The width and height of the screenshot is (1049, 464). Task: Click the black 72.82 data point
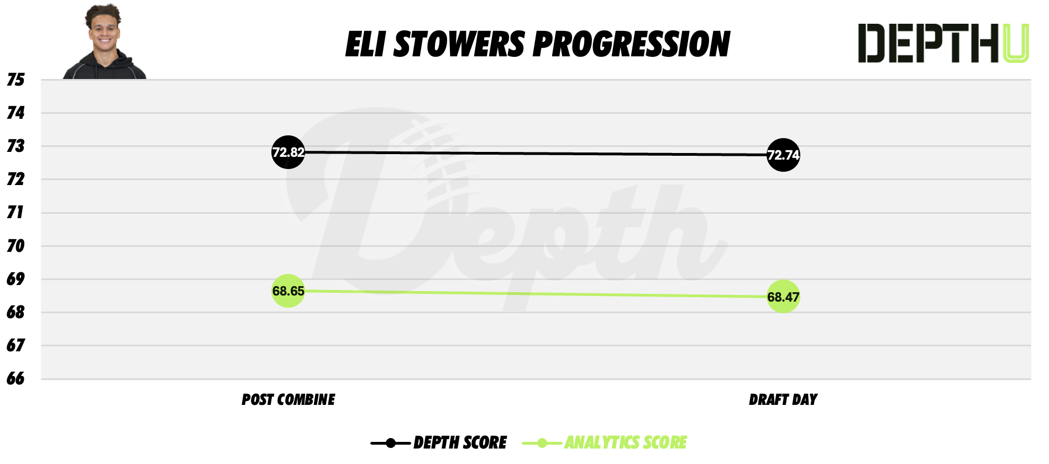288,152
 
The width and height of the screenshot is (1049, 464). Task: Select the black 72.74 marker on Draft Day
783,155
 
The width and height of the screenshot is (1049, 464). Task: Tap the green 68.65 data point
288,291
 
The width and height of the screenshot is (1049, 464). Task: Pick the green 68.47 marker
783,297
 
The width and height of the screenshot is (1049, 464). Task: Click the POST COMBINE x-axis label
288,399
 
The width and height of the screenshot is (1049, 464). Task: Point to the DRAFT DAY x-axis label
783,399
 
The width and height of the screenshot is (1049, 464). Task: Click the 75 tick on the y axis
15,80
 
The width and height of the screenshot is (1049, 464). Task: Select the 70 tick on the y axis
15,246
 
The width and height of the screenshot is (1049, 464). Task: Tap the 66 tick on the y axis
15,378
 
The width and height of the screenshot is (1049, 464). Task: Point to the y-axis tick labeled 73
15,146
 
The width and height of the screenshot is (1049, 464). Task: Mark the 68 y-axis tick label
15,312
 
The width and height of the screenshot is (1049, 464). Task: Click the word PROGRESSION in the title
631,44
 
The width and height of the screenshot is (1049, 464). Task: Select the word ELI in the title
365,44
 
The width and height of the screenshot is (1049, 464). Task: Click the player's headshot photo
104,43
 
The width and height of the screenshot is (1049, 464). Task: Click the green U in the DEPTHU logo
1016,43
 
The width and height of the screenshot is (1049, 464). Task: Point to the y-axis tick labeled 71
15,213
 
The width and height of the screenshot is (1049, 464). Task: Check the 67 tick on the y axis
15,345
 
